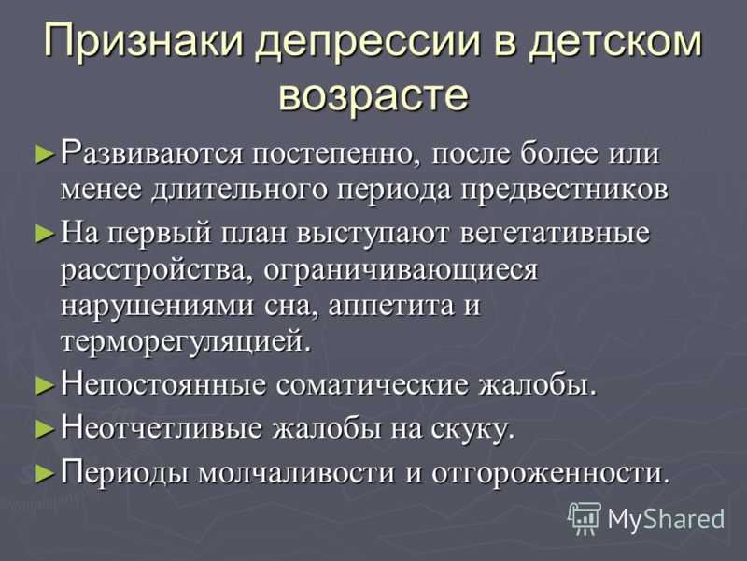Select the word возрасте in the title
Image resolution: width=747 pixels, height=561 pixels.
373,93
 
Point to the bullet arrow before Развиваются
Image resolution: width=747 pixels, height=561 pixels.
45,155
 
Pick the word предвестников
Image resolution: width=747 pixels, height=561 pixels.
566,191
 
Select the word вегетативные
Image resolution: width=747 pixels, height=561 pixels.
555,234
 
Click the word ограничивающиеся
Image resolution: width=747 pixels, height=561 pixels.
401,271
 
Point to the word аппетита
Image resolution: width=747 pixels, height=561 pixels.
391,307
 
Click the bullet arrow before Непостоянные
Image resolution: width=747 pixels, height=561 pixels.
45,386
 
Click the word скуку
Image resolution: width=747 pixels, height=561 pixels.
473,429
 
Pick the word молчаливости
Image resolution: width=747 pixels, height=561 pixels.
296,473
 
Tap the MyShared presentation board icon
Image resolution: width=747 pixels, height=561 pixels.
585,519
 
